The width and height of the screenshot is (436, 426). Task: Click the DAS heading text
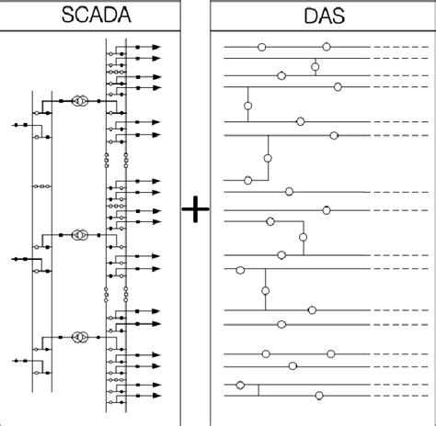pyautogui.click(x=323, y=16)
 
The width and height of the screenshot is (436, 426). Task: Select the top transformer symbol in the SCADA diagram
pyautogui.click(x=80, y=100)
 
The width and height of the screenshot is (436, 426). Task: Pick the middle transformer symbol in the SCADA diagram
pyautogui.click(x=80, y=235)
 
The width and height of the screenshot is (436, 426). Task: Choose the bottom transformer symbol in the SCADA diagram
pyautogui.click(x=80, y=338)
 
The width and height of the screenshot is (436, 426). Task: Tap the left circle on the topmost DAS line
pyautogui.click(x=262, y=45)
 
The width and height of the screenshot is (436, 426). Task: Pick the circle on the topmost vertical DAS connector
pyautogui.click(x=316, y=65)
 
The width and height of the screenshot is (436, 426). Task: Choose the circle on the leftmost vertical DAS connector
pyautogui.click(x=247, y=106)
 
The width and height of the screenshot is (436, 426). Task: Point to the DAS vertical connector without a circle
pyautogui.click(x=258, y=389)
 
